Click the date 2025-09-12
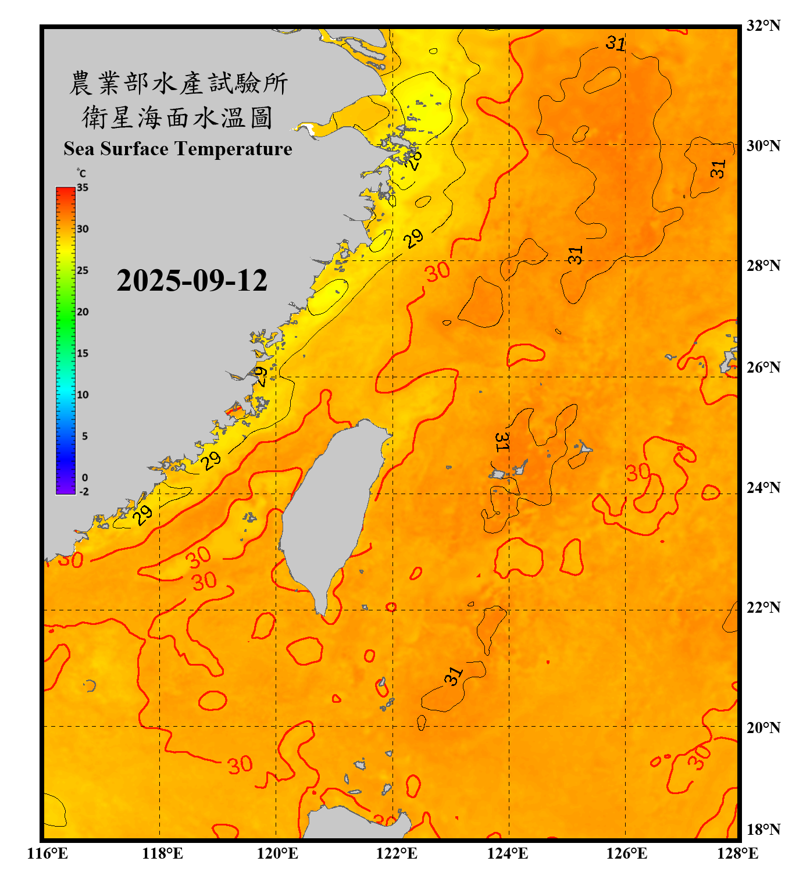192,280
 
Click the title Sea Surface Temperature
178,149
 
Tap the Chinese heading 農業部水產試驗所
178,83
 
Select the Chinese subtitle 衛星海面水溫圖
177,117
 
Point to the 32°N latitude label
763,26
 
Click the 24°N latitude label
763,487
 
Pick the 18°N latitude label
763,830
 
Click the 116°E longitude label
48,853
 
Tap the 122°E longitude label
397,853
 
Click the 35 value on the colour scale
83,188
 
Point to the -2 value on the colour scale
84,492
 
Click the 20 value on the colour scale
83,312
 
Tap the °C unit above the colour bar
81,173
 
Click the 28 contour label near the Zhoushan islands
413,159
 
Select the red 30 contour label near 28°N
437,271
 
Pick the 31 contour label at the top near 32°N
615,43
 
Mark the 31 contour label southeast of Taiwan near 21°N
454,676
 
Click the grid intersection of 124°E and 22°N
509,610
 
